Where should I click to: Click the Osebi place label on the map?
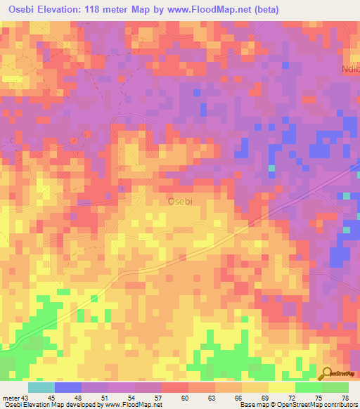tap(181, 201)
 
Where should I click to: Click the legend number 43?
tap(27, 397)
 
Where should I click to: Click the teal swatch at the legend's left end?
tap(41, 387)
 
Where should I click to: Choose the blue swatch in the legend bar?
tap(68, 387)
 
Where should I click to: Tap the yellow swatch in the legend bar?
tap(281, 387)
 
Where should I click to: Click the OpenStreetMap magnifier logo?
tap(326, 374)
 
